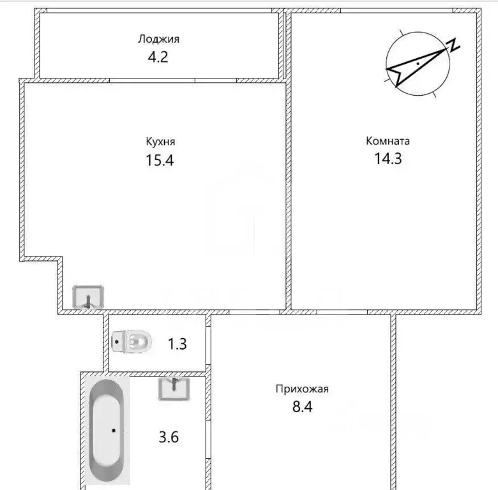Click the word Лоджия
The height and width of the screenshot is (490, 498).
(158, 39)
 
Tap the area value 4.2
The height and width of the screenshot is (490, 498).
(158, 57)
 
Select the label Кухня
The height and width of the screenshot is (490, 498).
(160, 141)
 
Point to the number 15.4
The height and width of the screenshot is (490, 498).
(160, 160)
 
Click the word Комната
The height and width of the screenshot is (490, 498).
(388, 141)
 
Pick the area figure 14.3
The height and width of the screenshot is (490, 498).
(388, 158)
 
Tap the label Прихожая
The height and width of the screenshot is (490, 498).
(302, 389)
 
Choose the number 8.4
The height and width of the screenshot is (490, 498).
(303, 406)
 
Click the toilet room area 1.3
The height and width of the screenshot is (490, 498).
(177, 344)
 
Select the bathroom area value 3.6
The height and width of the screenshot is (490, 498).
(169, 437)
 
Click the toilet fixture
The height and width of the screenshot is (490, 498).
(132, 342)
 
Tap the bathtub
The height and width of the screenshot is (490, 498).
(107, 430)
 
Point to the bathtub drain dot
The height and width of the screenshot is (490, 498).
(114, 431)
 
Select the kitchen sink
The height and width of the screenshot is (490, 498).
(88, 297)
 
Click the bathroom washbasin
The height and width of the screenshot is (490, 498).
(174, 389)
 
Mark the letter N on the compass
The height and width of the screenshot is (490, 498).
(453, 45)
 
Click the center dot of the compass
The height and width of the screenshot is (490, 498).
(418, 64)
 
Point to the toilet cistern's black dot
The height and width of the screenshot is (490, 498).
(117, 342)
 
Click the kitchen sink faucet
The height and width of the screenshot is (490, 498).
(89, 302)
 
